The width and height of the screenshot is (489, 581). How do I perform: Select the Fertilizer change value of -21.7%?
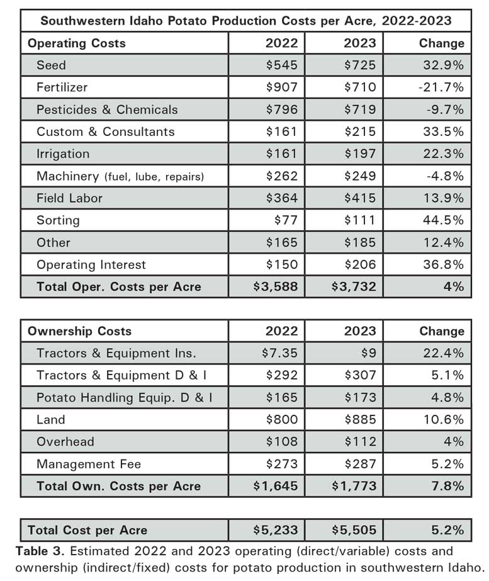point(441,87)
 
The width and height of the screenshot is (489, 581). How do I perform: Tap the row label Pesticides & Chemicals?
point(107,110)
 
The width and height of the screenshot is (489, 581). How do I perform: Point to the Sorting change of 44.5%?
point(444,220)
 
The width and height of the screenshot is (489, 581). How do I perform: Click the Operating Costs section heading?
point(76,43)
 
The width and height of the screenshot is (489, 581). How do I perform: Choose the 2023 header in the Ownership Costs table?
point(360,331)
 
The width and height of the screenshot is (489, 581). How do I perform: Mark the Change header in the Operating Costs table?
point(441,43)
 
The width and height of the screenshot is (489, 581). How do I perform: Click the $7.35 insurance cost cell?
point(280,353)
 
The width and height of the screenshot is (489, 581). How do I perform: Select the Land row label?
point(51,420)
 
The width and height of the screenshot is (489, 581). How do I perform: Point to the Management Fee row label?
point(89,465)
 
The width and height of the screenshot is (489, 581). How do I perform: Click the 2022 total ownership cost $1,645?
point(275,486)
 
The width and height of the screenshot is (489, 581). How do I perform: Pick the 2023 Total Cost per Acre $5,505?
point(354,530)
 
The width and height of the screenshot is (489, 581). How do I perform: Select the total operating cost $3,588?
point(275,287)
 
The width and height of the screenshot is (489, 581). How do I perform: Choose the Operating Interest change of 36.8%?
point(444,264)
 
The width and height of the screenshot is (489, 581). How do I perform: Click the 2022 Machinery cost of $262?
point(282,176)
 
